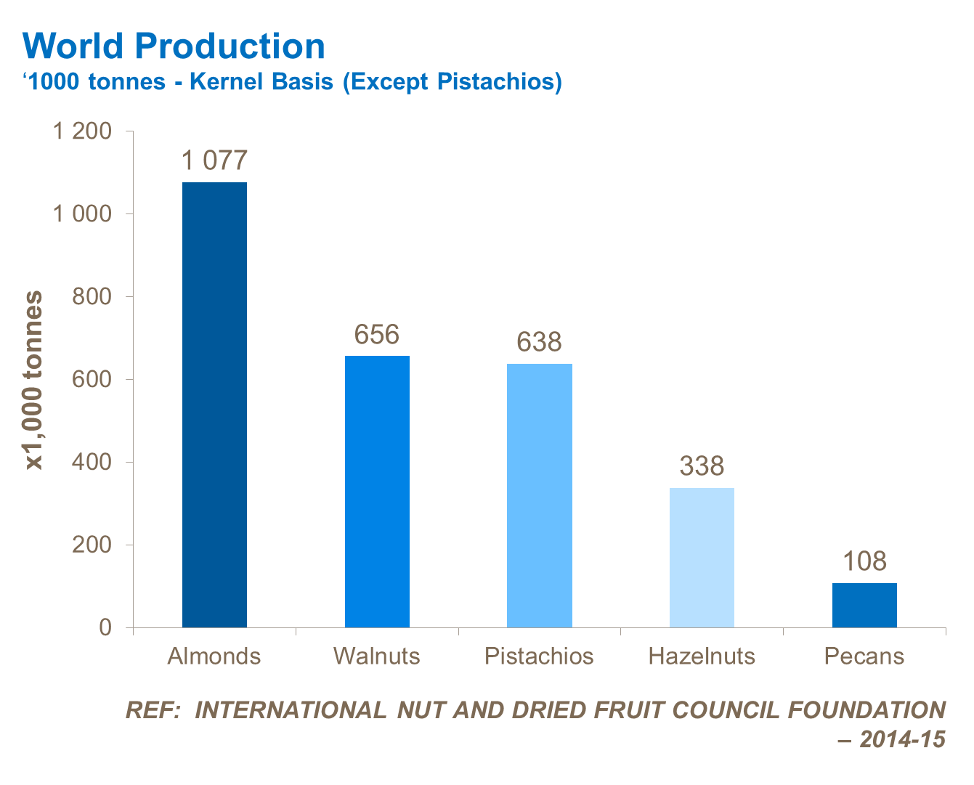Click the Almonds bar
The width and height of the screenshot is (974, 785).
click(214, 404)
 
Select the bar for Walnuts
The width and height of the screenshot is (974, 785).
click(377, 492)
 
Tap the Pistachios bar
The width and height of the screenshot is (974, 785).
click(539, 495)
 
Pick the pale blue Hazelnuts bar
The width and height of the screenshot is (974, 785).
click(702, 558)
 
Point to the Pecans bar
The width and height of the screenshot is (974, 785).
click(864, 605)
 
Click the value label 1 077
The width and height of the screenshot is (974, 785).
click(214, 160)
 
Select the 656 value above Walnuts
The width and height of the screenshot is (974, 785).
click(377, 335)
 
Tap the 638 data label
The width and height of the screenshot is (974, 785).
click(539, 342)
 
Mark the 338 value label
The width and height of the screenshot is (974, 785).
click(702, 466)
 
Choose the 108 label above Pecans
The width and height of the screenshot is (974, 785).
click(864, 561)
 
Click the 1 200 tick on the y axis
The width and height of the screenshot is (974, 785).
click(83, 131)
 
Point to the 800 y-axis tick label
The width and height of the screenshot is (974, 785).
click(92, 297)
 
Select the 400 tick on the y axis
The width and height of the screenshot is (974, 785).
click(92, 463)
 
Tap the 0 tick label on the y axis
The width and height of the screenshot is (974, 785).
click(105, 627)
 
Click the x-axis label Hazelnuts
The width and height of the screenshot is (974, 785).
click(702, 656)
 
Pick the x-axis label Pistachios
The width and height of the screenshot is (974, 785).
click(539, 656)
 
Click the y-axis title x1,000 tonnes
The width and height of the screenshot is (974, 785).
click(34, 380)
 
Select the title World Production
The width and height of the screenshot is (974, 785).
click(174, 46)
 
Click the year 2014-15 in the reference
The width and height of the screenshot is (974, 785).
click(903, 740)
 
